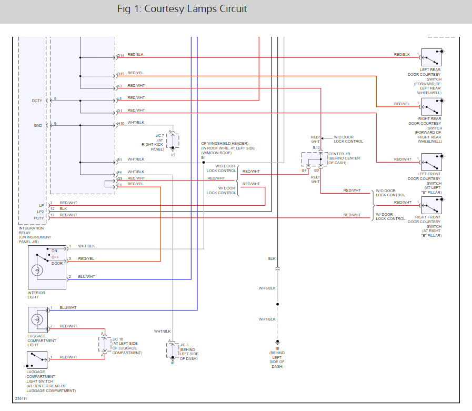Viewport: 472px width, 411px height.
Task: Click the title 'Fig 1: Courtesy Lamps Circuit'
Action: click(183, 9)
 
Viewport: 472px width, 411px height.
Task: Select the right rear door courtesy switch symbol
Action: click(431, 107)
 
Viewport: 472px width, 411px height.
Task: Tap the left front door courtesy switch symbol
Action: click(431, 162)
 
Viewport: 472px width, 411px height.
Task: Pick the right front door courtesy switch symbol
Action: click(431, 205)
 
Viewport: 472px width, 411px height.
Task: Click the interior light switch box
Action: click(47, 267)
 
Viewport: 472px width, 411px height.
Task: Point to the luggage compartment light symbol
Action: click(37, 319)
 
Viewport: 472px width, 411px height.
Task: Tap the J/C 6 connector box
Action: click(173, 350)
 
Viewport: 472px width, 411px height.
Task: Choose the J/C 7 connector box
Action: click(173, 141)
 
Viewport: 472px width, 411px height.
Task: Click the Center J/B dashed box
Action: click(314, 159)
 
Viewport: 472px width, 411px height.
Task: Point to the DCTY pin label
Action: click(37, 100)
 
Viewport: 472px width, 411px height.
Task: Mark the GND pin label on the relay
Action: click(38, 125)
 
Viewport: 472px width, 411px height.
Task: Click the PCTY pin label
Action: click(39, 218)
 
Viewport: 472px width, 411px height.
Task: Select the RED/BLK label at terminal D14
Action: click(135, 55)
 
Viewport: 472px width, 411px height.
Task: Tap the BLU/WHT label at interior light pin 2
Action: click(87, 276)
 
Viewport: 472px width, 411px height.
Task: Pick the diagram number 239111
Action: click(21, 398)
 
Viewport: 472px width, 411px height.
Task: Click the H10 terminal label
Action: click(120, 124)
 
